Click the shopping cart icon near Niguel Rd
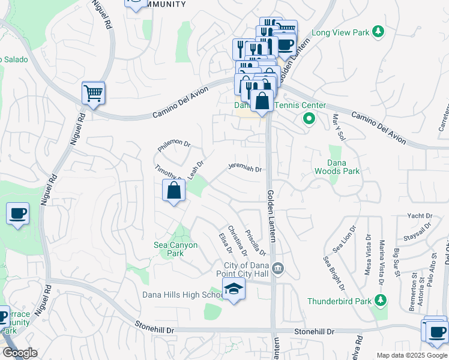(x=93, y=94)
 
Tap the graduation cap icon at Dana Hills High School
(x=234, y=290)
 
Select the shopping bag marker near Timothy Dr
(x=173, y=191)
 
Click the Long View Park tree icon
(x=378, y=31)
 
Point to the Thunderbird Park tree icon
(x=378, y=299)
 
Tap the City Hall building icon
(x=277, y=268)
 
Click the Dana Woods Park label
(x=337, y=167)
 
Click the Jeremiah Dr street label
(x=244, y=168)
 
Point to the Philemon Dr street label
(x=173, y=145)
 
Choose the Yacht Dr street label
(x=420, y=216)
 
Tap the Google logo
(x=20, y=353)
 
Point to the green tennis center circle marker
(x=309, y=119)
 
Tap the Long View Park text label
(x=340, y=32)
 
